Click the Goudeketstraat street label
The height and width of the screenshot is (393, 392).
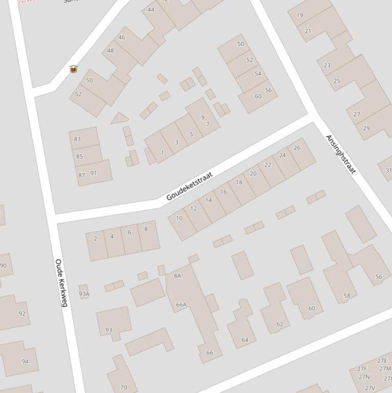point(189,186)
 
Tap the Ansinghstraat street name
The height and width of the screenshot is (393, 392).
point(341,154)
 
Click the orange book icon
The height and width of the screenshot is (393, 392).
point(73,69)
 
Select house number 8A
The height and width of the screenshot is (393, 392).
point(177,276)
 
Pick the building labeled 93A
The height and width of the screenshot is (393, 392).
point(84,293)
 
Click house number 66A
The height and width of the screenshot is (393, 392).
point(181,305)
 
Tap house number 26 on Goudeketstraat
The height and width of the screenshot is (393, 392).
point(297,148)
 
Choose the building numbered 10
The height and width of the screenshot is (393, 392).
point(179,218)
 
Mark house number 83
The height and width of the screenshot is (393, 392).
point(77,139)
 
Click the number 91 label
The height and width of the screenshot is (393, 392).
point(93,173)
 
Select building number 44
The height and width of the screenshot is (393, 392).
point(151,10)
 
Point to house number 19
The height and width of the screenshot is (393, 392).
point(300,15)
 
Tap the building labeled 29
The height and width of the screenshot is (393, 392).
point(366,128)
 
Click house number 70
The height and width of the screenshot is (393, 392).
point(123,387)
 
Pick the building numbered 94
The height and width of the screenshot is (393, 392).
point(25,361)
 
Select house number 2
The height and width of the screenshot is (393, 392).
point(95,239)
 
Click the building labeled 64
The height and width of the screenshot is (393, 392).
point(245,340)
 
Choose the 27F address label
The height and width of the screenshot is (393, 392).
point(362,369)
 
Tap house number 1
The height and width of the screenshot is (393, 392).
point(163,153)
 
